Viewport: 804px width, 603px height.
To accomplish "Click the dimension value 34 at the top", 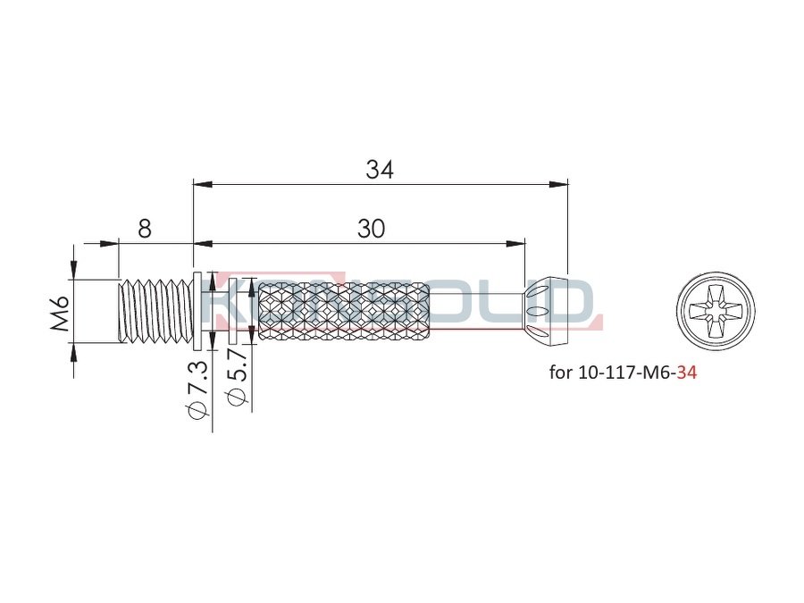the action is pyautogui.click(x=380, y=170).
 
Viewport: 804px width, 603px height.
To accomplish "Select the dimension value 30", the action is pyautogui.click(x=371, y=229).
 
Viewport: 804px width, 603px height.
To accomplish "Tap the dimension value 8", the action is pyautogui.click(x=145, y=228).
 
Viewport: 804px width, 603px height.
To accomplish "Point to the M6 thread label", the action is pyautogui.click(x=61, y=313).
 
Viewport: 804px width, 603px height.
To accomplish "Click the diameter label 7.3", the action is pyautogui.click(x=197, y=389).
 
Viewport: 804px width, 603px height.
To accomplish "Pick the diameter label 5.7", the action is pyautogui.click(x=239, y=377).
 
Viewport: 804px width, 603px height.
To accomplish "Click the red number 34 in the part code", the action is pyautogui.click(x=687, y=373).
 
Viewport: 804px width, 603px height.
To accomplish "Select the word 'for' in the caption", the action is pyautogui.click(x=560, y=373).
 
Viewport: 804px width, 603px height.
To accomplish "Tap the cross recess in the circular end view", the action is pyautogui.click(x=716, y=312).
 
